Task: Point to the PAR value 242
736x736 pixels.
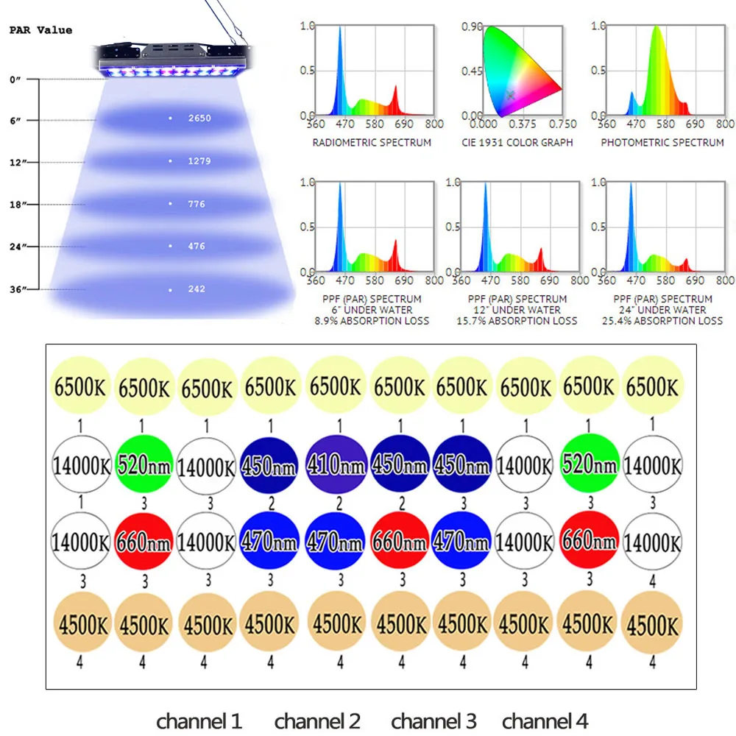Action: click(x=196, y=289)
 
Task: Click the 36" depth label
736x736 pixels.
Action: click(x=18, y=289)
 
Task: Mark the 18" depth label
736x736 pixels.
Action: click(x=18, y=204)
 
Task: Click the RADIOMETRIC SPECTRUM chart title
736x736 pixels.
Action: click(x=372, y=142)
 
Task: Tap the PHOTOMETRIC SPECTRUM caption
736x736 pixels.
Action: click(x=662, y=142)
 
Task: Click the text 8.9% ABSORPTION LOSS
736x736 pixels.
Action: click(x=372, y=321)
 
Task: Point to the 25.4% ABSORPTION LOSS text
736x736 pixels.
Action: click(x=662, y=321)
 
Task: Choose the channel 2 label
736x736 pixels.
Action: click(x=317, y=721)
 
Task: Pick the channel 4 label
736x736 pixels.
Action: click(x=545, y=721)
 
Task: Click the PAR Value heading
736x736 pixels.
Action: click(x=40, y=30)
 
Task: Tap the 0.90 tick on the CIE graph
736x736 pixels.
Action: click(x=472, y=26)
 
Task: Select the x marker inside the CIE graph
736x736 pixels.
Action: click(x=511, y=95)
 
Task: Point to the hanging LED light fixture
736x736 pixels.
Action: click(x=175, y=57)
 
